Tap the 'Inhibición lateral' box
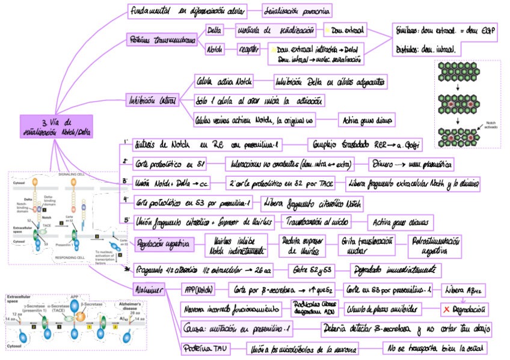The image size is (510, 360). click(x=152, y=100)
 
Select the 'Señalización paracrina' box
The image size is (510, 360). click(x=297, y=11)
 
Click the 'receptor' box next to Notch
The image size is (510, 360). click(x=248, y=49)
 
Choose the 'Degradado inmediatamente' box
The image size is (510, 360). click(x=396, y=270)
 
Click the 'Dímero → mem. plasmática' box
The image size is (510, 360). click(x=411, y=163)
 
